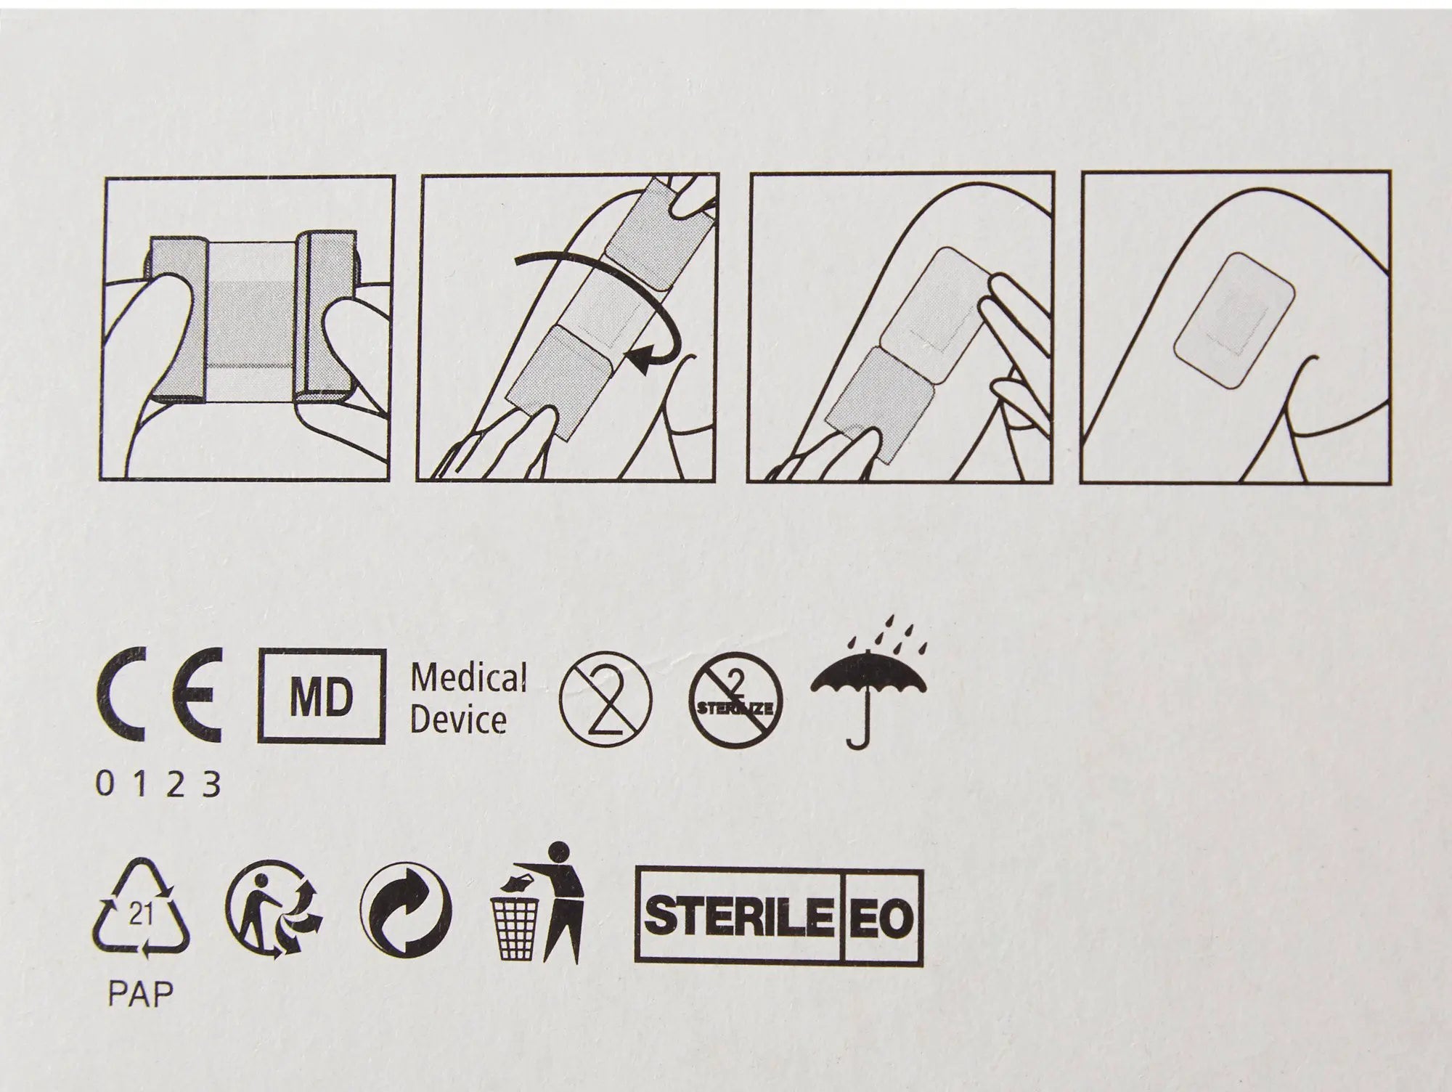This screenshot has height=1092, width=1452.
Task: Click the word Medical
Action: pyautogui.click(x=468, y=679)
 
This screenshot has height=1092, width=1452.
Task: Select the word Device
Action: pyautogui.click(x=458, y=721)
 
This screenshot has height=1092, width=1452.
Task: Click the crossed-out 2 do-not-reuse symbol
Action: pyautogui.click(x=607, y=698)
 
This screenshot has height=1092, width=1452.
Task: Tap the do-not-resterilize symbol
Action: pyautogui.click(x=737, y=698)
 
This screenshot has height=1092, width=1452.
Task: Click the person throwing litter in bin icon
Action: pyautogui.click(x=539, y=902)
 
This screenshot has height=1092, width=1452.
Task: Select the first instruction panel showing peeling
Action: pyautogui.click(x=246, y=328)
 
